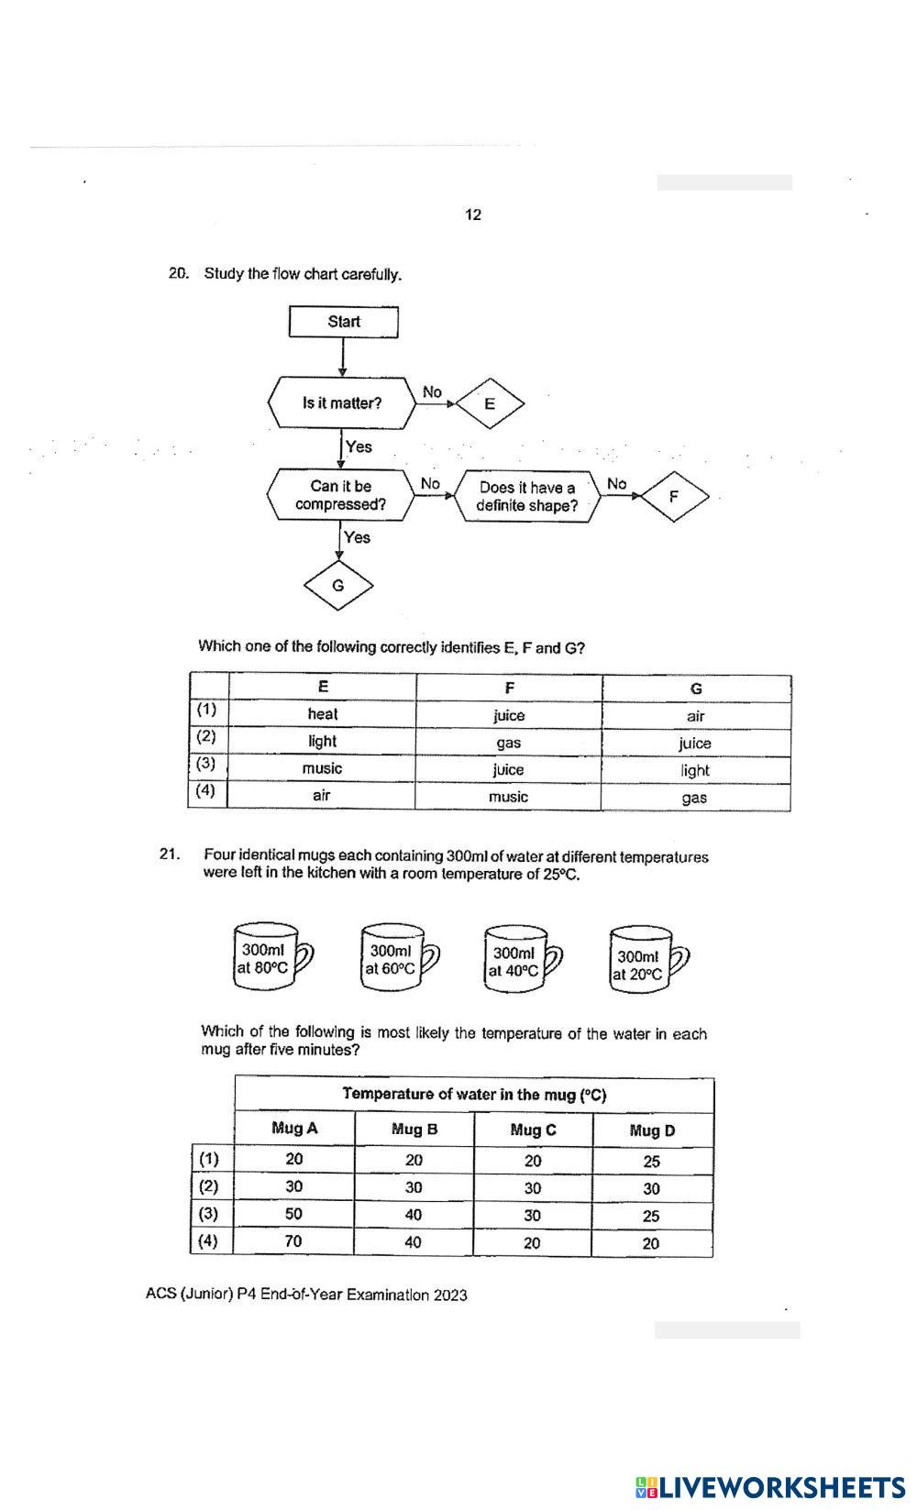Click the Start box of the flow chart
pyautogui.click(x=344, y=322)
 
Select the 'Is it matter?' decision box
pyautogui.click(x=341, y=403)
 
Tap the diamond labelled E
pyautogui.click(x=490, y=403)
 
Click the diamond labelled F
pyautogui.click(x=674, y=497)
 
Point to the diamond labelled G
pyautogui.click(x=338, y=585)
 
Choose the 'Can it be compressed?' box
pyautogui.click(x=340, y=495)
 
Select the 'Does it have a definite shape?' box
pyautogui.click(x=527, y=497)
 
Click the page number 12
pyautogui.click(x=473, y=215)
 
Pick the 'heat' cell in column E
pyautogui.click(x=322, y=714)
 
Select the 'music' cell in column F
pyautogui.click(x=508, y=797)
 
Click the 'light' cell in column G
pyautogui.click(x=695, y=770)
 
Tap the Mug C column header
pyautogui.click(x=533, y=1130)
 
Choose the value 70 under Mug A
pyautogui.click(x=293, y=1241)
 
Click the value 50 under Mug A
pyautogui.click(x=293, y=1214)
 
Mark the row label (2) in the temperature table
pyautogui.click(x=209, y=1186)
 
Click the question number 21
pyautogui.click(x=169, y=854)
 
